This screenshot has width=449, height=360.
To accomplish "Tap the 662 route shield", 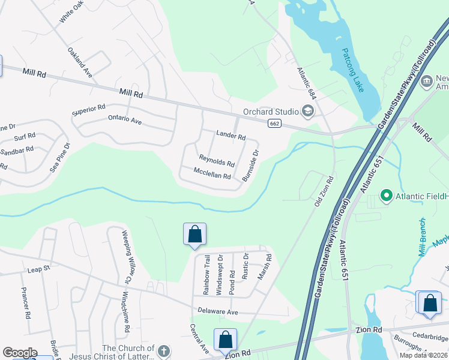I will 274,123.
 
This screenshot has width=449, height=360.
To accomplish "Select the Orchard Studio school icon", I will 308,111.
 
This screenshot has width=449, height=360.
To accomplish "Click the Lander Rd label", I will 231,137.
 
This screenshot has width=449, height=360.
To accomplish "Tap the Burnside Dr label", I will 250,166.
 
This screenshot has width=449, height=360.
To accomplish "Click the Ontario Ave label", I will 125,120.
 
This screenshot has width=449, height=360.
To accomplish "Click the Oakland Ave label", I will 79,62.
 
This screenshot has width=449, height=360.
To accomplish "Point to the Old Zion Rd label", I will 324,191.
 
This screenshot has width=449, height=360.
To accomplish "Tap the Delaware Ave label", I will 218,312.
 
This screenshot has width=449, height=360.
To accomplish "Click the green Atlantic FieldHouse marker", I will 387,195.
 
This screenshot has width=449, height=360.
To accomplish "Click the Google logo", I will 20,353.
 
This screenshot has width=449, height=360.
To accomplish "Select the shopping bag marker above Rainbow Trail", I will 194,234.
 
